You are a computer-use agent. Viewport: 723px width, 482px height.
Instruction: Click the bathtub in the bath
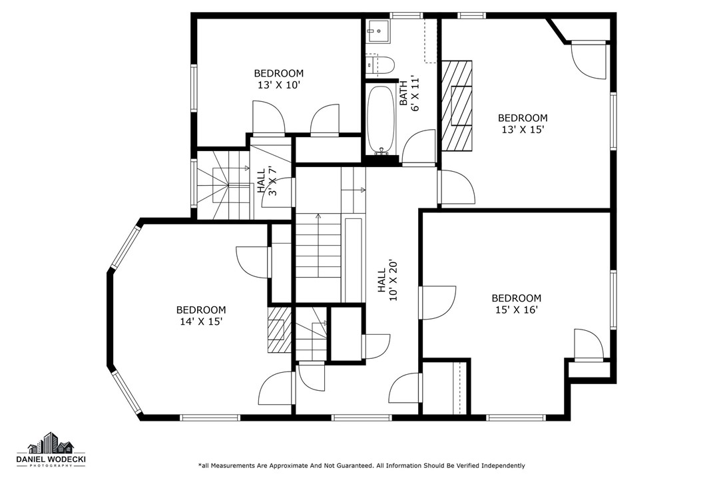(x=381, y=120)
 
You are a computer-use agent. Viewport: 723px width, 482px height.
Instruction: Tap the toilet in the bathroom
(x=380, y=65)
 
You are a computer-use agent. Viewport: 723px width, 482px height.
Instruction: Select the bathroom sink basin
(x=378, y=31)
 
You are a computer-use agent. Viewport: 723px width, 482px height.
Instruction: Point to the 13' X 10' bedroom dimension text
(x=279, y=85)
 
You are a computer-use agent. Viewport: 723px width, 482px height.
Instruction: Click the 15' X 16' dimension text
(x=517, y=310)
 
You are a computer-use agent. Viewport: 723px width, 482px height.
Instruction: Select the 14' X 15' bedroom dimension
(x=201, y=322)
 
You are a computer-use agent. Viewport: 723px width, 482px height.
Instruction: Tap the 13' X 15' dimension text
(x=523, y=130)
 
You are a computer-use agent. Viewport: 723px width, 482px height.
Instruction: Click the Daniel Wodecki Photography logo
(x=51, y=450)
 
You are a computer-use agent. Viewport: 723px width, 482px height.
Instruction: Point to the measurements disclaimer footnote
(x=361, y=465)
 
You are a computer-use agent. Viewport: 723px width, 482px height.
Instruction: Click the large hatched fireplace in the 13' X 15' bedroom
(x=457, y=106)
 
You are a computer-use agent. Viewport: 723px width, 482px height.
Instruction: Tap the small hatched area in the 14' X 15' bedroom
(x=279, y=330)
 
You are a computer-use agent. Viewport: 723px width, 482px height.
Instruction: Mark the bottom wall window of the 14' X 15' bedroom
(x=210, y=417)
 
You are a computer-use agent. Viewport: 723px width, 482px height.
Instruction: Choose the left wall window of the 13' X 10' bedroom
(x=194, y=88)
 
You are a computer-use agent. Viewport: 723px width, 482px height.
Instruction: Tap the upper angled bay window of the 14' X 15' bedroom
(x=125, y=246)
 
